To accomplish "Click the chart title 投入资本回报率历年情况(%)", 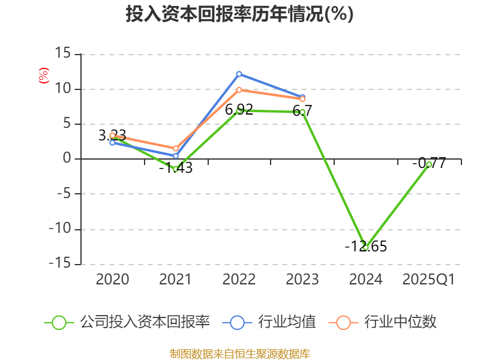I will coord(239,14).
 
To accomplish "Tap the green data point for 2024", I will coord(365,247).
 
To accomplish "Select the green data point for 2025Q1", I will coord(429,164).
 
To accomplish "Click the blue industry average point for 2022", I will coord(239,74).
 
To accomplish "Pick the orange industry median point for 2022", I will coord(239,90).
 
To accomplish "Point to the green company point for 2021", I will coord(176,169).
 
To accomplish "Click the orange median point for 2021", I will coord(176,148).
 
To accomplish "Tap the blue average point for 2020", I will coord(112,143).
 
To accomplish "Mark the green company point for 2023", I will coord(302,112).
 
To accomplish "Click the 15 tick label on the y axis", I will coord(62,54).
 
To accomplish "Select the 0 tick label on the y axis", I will coord(67,159).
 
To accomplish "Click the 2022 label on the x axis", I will coord(239,280).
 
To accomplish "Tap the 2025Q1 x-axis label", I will coord(429,280).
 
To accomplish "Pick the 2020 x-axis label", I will coord(112,280).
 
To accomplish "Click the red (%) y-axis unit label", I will coord(43,76).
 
